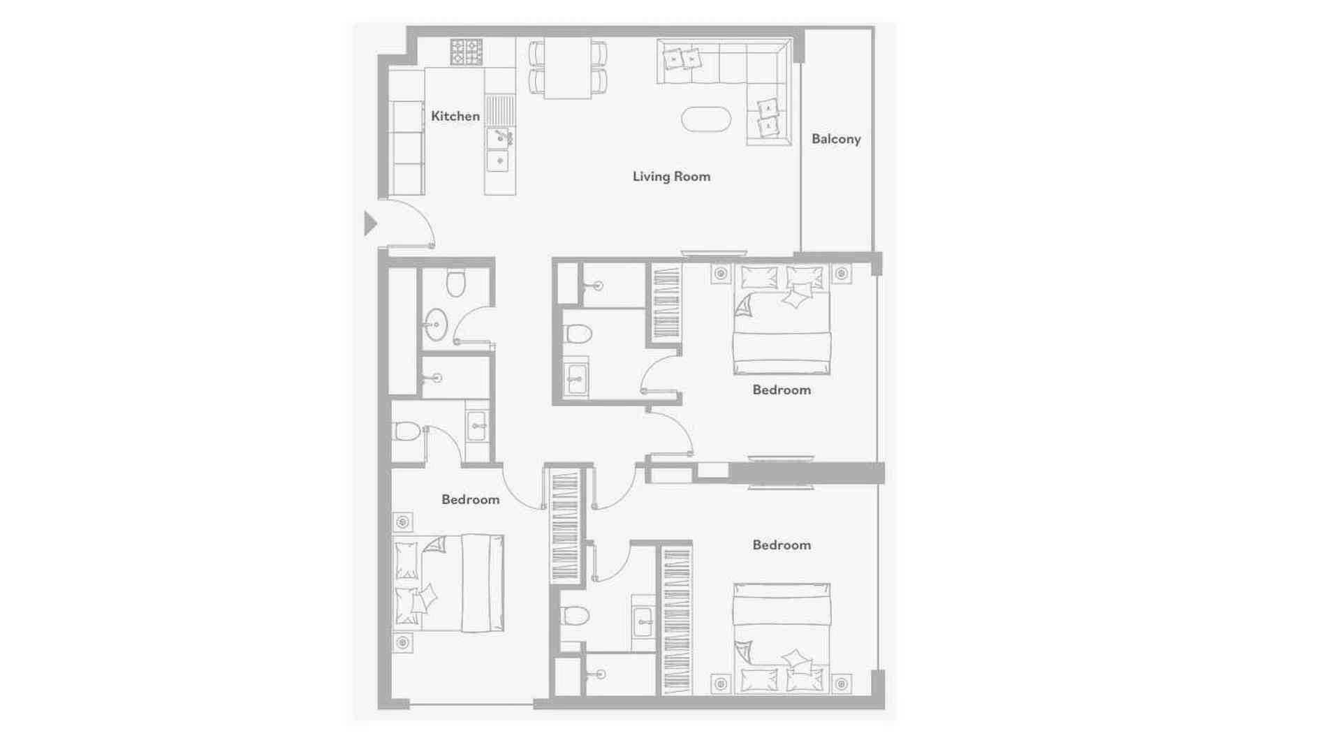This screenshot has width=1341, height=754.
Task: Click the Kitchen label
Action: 455,116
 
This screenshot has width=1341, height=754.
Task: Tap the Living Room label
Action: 671,177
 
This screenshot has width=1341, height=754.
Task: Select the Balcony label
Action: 836,139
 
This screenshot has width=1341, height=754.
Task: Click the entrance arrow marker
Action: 371,223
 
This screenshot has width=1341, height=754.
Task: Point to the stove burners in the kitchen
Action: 466,52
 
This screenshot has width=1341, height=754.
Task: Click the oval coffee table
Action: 706,119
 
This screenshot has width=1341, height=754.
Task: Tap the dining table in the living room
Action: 567,68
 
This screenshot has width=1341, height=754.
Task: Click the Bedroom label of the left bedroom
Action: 470,499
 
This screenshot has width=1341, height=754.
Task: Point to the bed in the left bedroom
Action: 449,583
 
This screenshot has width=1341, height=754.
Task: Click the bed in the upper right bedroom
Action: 782,319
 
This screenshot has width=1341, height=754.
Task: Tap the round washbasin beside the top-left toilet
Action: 436,324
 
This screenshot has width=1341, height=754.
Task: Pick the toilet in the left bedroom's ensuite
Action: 406,431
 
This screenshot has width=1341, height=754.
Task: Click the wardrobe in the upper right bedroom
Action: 666,303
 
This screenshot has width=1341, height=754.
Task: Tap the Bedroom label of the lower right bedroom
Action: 782,545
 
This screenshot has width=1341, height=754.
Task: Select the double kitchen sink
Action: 498,149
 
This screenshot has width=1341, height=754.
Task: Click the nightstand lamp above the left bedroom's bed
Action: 402,522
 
